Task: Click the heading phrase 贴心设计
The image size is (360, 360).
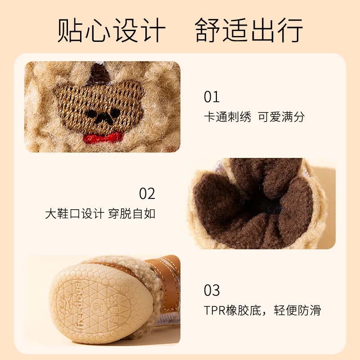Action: [x=112, y=31]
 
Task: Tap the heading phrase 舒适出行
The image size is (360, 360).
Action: [x=249, y=31]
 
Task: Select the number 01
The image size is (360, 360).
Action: [x=211, y=97]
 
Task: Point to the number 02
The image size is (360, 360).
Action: [x=147, y=194]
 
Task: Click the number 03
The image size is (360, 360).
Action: [x=211, y=291]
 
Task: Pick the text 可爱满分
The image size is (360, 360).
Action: [x=281, y=117]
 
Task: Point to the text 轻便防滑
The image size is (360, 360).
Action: [x=297, y=310]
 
